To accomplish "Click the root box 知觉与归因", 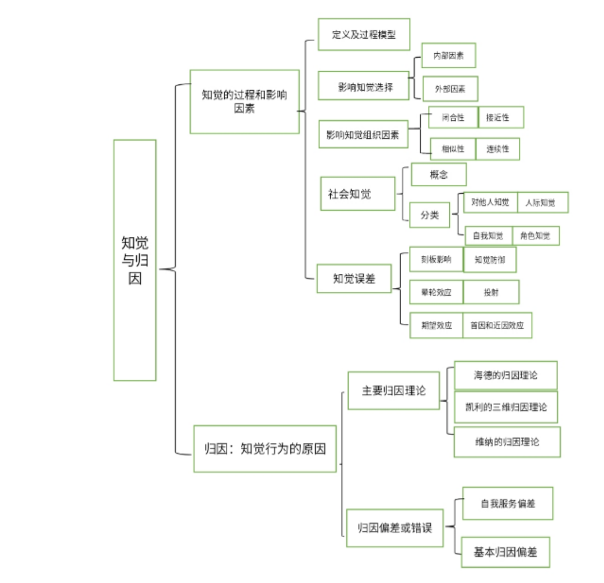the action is [x=134, y=260].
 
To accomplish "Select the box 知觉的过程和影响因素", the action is [x=244, y=101].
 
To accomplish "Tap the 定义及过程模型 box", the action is [x=364, y=34].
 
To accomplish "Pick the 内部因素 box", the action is [x=448, y=55].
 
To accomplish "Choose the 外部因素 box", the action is [x=450, y=88].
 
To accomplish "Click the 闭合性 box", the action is [x=453, y=118].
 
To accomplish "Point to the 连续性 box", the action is [x=498, y=149].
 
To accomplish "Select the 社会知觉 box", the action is [x=357, y=194].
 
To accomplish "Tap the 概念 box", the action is [x=439, y=174].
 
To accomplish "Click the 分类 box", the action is [x=430, y=215].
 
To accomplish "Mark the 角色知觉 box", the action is [x=535, y=236].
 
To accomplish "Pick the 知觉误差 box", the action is [x=354, y=278].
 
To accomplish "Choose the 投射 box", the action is [x=491, y=292].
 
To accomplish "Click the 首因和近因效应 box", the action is [x=497, y=325].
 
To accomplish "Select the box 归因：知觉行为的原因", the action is [x=265, y=449].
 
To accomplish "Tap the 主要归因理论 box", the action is [x=393, y=390].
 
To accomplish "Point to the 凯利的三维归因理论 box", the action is [x=505, y=407].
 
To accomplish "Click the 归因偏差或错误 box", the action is [x=395, y=528].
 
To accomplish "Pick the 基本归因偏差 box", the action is [x=505, y=552].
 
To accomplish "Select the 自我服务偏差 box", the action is [x=508, y=503].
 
